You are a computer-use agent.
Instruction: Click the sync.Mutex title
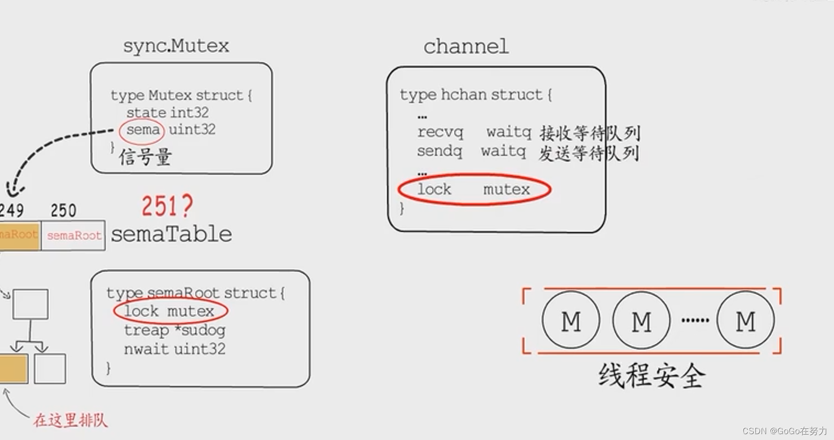(x=176, y=46)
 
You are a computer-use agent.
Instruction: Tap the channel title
(x=466, y=47)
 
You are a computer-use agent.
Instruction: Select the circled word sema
(x=142, y=130)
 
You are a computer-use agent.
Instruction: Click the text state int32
(x=167, y=113)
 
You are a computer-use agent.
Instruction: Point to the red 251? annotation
(x=167, y=206)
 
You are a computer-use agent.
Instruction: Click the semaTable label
(x=171, y=234)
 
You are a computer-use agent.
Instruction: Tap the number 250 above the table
(x=64, y=211)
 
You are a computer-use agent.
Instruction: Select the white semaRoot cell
(x=74, y=235)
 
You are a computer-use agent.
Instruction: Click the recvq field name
(x=440, y=132)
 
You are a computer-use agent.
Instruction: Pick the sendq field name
(x=439, y=151)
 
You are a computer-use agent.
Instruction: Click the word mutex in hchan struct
(x=506, y=189)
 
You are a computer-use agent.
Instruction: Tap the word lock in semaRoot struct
(x=141, y=311)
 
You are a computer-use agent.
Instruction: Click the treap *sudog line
(x=174, y=330)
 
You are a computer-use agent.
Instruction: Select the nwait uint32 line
(x=174, y=349)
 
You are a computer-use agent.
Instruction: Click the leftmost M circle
(x=571, y=320)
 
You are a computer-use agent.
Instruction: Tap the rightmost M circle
(x=745, y=320)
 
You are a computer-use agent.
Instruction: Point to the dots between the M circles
(x=695, y=321)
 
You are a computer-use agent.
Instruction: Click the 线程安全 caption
(x=652, y=376)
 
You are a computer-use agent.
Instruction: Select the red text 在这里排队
(x=70, y=420)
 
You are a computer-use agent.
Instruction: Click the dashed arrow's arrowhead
(x=13, y=189)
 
